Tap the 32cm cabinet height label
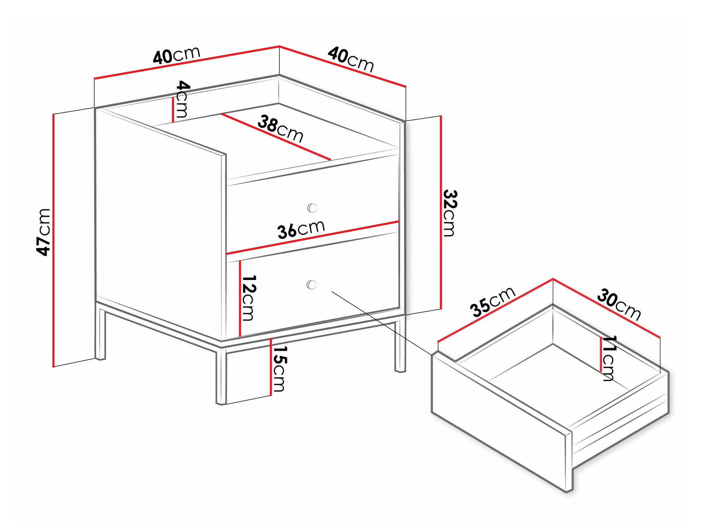[450, 213]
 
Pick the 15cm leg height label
[279, 368]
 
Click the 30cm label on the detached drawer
[619, 304]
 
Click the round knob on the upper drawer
[312, 208]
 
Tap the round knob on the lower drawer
[311, 285]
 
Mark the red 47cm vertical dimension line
[53, 240]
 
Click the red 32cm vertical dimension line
[441, 212]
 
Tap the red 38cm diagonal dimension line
[276, 137]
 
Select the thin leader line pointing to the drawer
[382, 323]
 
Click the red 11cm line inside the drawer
[601, 354]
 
